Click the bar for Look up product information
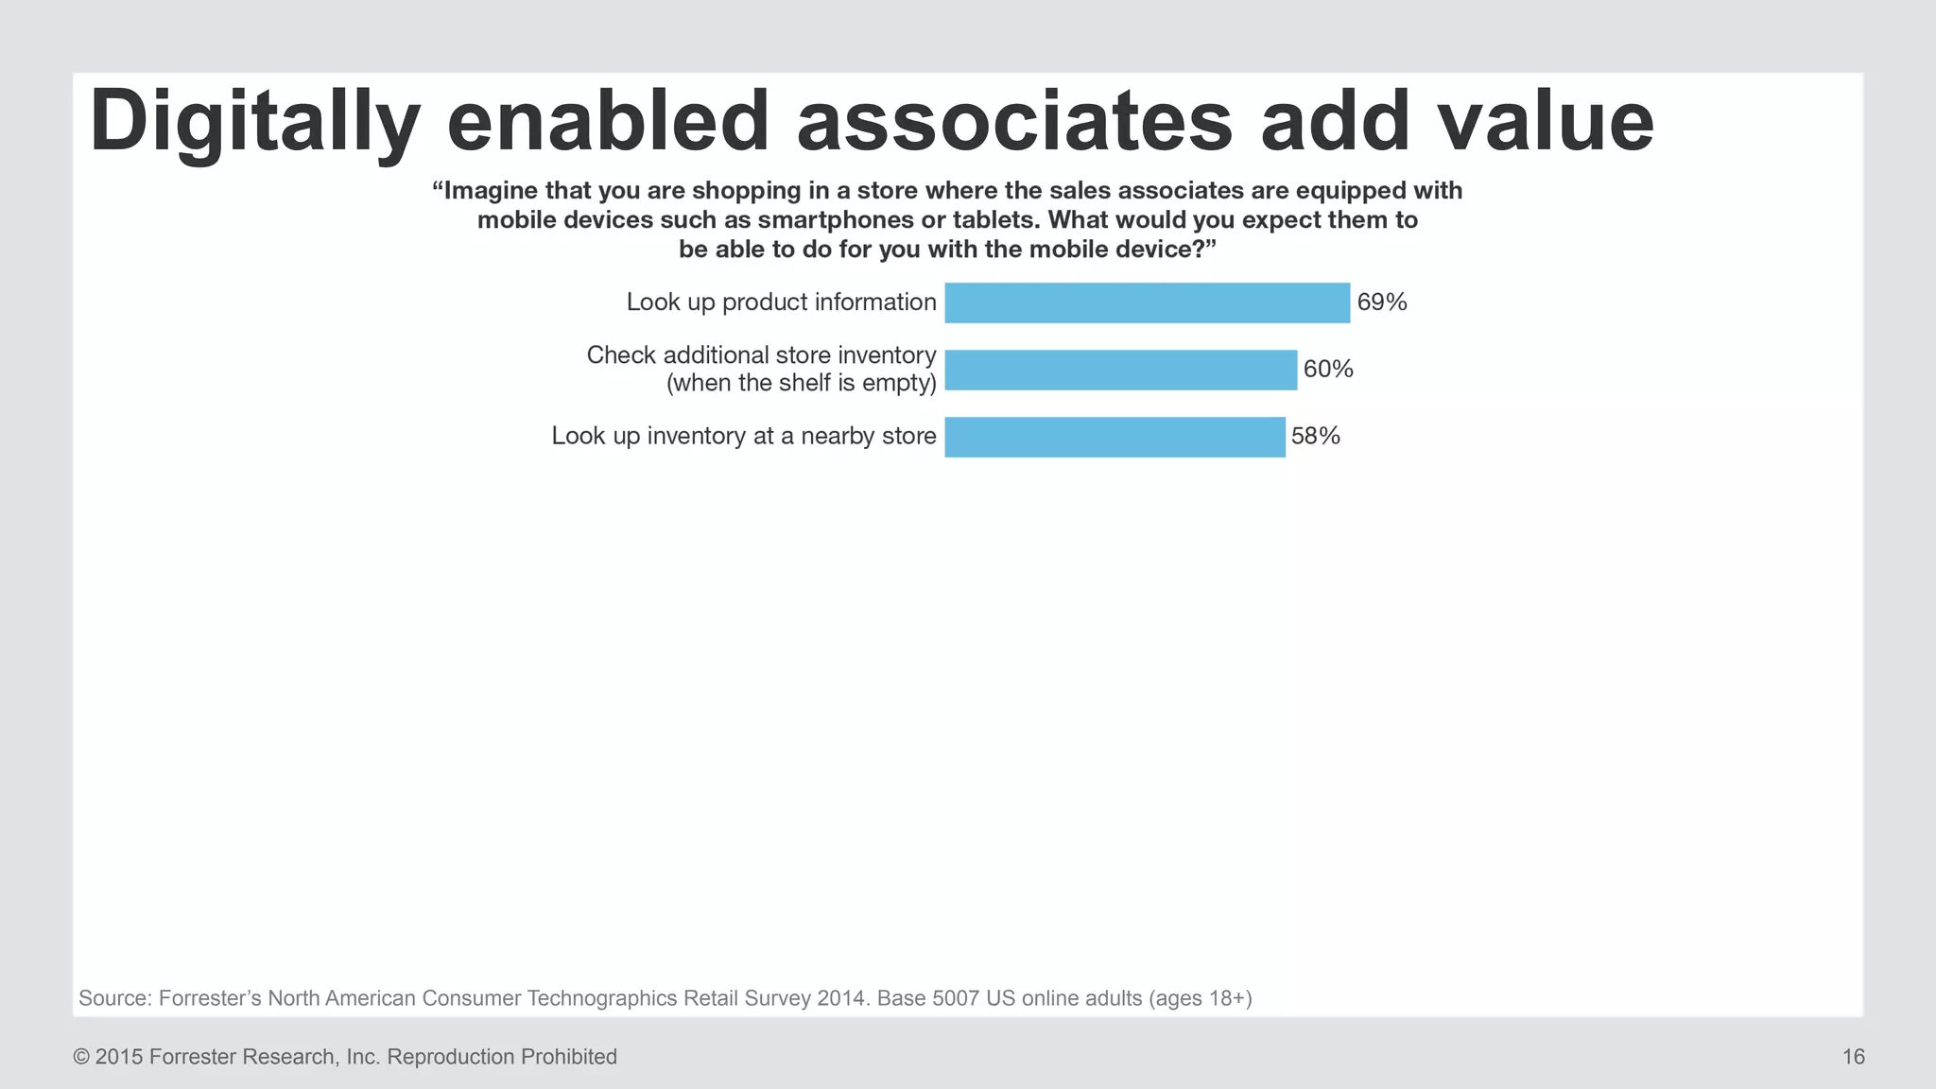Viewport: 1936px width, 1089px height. pyautogui.click(x=1147, y=302)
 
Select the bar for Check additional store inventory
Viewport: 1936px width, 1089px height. pyautogui.click(x=1120, y=370)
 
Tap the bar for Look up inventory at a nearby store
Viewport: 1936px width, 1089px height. pyautogui.click(x=1115, y=437)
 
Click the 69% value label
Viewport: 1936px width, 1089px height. pyautogui.click(x=1382, y=302)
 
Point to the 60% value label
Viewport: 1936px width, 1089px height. pyautogui.click(x=1328, y=370)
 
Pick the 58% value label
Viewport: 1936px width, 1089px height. pyautogui.click(x=1316, y=436)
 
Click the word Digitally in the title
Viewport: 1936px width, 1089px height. pyautogui.click(x=253, y=123)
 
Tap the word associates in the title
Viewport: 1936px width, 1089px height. pyautogui.click(x=1014, y=123)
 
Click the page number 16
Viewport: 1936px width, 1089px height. pyautogui.click(x=1853, y=1057)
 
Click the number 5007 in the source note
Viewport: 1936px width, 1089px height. pyautogui.click(x=956, y=998)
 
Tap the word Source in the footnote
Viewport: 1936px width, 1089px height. pyautogui.click(x=113, y=998)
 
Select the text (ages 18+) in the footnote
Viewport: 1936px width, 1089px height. pyautogui.click(x=1200, y=998)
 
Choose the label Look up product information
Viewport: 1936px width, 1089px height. pyautogui.click(x=781, y=302)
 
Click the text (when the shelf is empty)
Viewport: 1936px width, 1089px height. pyautogui.click(x=801, y=383)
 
